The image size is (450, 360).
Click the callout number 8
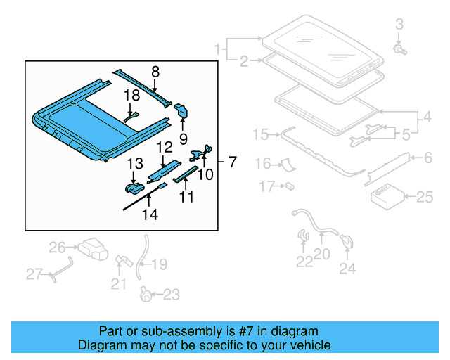click(x=155, y=70)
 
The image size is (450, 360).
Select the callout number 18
click(x=132, y=95)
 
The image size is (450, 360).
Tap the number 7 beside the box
click(x=233, y=162)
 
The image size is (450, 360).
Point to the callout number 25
click(x=425, y=197)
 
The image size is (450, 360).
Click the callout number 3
click(x=399, y=25)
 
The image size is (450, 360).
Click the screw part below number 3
click(x=399, y=50)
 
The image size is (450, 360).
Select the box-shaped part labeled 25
click(x=383, y=197)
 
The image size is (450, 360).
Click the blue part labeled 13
click(x=134, y=188)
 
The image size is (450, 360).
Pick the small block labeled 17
click(x=288, y=186)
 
